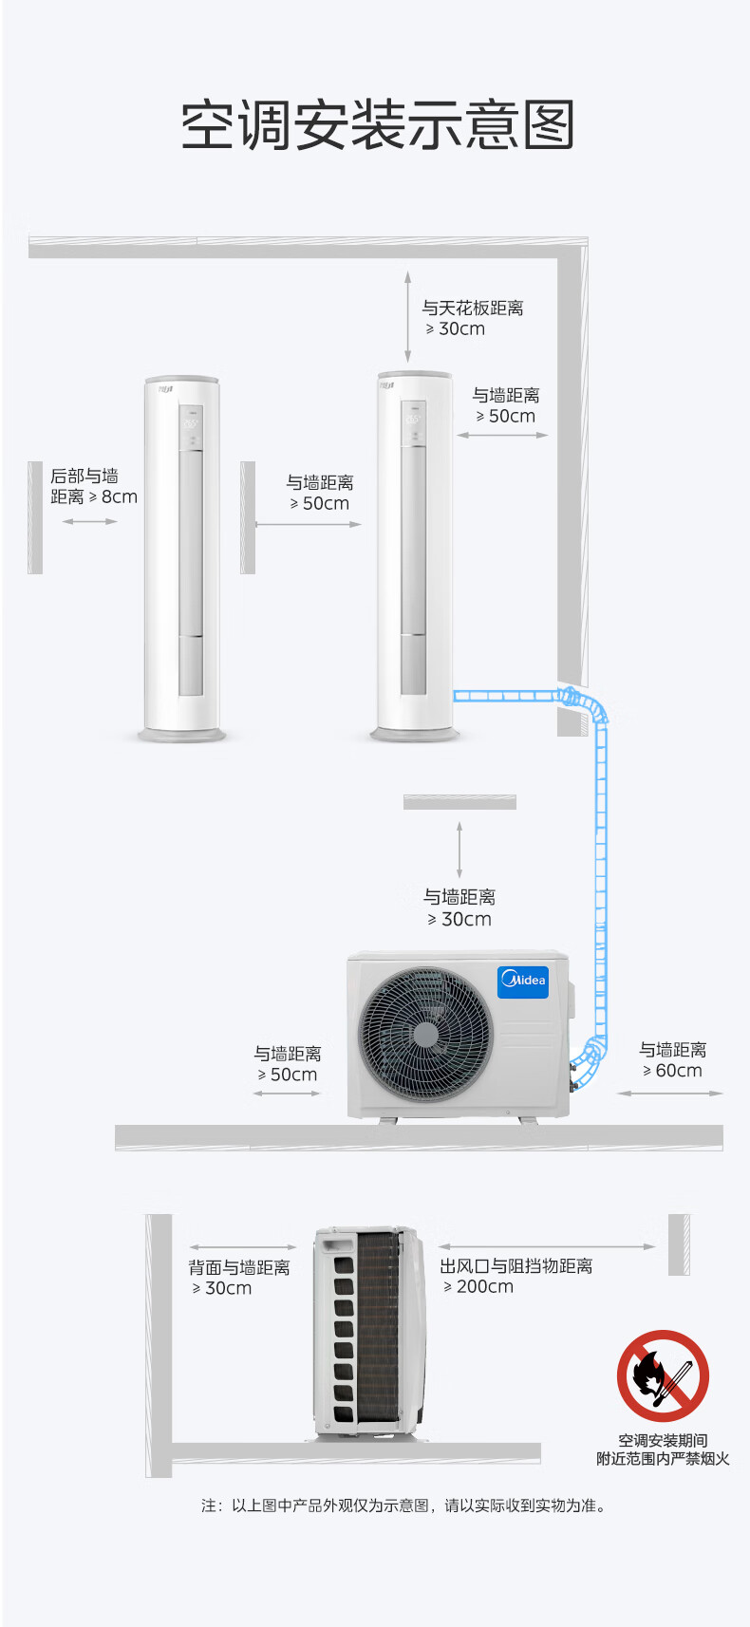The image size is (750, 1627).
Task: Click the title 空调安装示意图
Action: pyautogui.click(x=378, y=125)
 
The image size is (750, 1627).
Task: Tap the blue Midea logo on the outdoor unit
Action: pyautogui.click(x=522, y=982)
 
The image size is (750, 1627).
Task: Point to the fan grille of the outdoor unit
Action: pyautogui.click(x=426, y=1034)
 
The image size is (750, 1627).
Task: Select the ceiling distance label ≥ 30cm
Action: pyautogui.click(x=473, y=318)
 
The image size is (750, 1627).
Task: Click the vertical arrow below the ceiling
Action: pyautogui.click(x=407, y=317)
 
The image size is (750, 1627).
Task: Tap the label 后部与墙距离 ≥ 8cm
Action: pyautogui.click(x=94, y=487)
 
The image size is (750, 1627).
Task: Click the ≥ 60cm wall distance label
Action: pyautogui.click(x=672, y=1059)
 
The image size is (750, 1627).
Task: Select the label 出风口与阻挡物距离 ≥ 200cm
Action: pyautogui.click(x=516, y=1276)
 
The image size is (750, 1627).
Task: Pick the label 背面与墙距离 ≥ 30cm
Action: pyautogui.click(x=239, y=1278)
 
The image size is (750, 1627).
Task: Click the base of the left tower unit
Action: pyautogui.click(x=181, y=736)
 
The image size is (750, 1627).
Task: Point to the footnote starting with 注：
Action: pyautogui.click(x=403, y=1505)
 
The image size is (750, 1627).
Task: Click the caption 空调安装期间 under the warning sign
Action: pyautogui.click(x=663, y=1440)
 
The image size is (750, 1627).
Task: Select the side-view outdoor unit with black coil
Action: pyautogui.click(x=370, y=1334)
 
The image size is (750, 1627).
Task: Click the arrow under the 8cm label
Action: pyautogui.click(x=89, y=521)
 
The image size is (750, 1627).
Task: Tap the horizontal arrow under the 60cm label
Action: pyautogui.click(x=669, y=1094)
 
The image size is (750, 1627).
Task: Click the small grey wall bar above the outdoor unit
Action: pyautogui.click(x=460, y=802)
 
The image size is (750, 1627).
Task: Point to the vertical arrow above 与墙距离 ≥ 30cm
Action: pyautogui.click(x=459, y=850)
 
